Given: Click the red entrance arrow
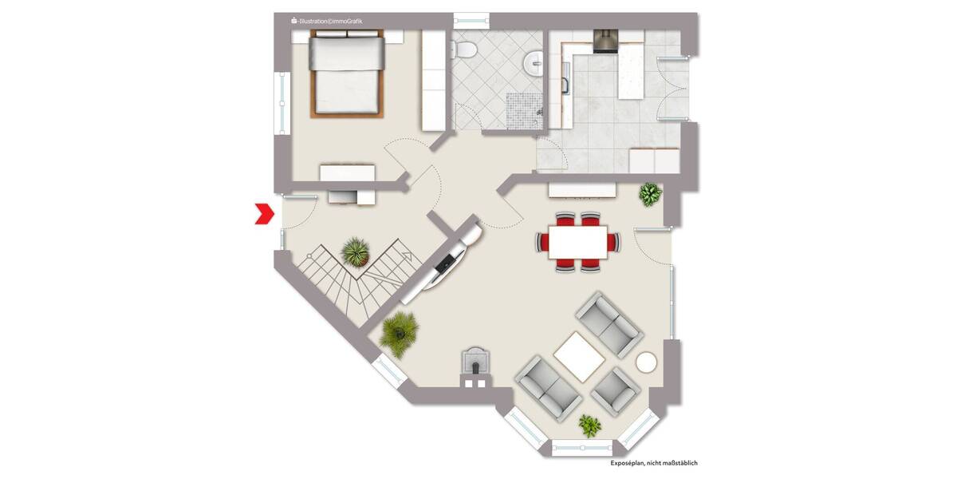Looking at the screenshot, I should click(264, 213).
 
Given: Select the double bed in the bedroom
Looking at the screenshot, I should click(347, 74).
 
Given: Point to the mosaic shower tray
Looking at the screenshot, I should click(522, 109).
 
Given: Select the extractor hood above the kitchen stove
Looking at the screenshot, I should click(605, 41).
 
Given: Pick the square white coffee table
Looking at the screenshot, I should click(579, 356).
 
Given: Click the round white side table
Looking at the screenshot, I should click(647, 362).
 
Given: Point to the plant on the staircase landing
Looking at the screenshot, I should click(356, 252).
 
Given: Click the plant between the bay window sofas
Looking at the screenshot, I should click(589, 426).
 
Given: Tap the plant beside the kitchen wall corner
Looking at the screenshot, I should click(651, 193).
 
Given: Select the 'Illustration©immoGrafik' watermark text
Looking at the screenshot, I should click(326, 21).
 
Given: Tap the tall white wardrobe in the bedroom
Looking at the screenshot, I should click(432, 81).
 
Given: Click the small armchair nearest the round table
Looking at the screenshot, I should click(616, 389).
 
